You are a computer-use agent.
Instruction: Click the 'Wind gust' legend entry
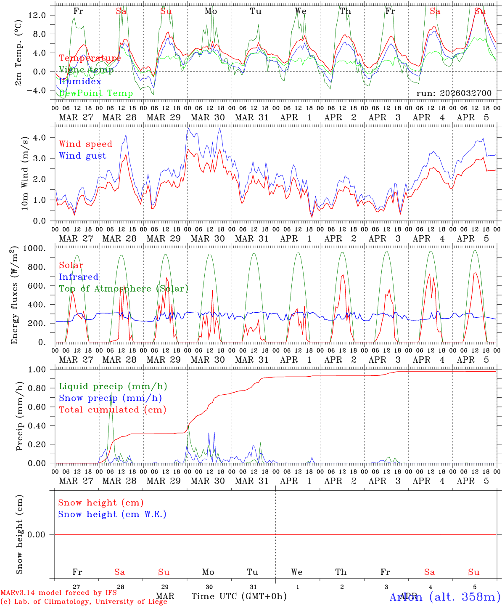(82, 156)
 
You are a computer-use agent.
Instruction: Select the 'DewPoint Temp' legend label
(96, 93)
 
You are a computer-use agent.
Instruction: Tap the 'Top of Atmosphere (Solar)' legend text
(123, 289)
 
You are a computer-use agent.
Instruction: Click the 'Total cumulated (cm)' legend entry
(112, 410)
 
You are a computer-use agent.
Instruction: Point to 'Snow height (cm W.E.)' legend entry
(112, 514)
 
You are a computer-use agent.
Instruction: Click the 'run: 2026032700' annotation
(454, 93)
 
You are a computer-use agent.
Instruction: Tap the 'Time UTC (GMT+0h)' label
(239, 596)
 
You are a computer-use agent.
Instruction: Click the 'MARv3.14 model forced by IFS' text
(58, 593)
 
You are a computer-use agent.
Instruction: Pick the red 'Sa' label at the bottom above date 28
(119, 572)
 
